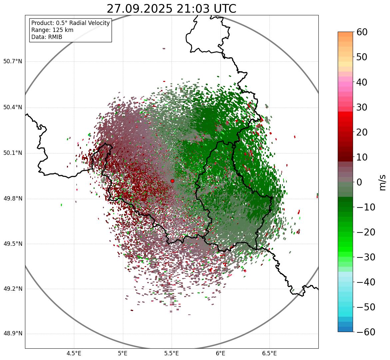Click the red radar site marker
(x=172, y=181)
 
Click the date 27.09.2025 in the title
(x=140, y=9)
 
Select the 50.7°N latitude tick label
(x=12, y=62)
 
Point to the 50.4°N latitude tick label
(x=12, y=108)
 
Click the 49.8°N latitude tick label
(x=12, y=199)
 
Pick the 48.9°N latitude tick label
(x=12, y=334)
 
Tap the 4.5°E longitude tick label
(x=74, y=353)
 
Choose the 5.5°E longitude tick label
(x=172, y=353)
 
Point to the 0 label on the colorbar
(x=359, y=182)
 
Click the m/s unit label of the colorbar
(x=382, y=182)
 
